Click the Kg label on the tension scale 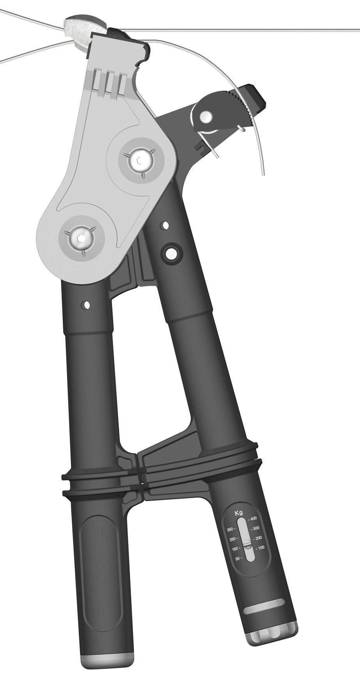coord(238,513)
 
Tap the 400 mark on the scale coord(253,518)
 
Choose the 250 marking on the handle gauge coord(233,539)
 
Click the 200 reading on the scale coord(258,538)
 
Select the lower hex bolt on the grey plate coord(79,239)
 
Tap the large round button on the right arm coord(170,253)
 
